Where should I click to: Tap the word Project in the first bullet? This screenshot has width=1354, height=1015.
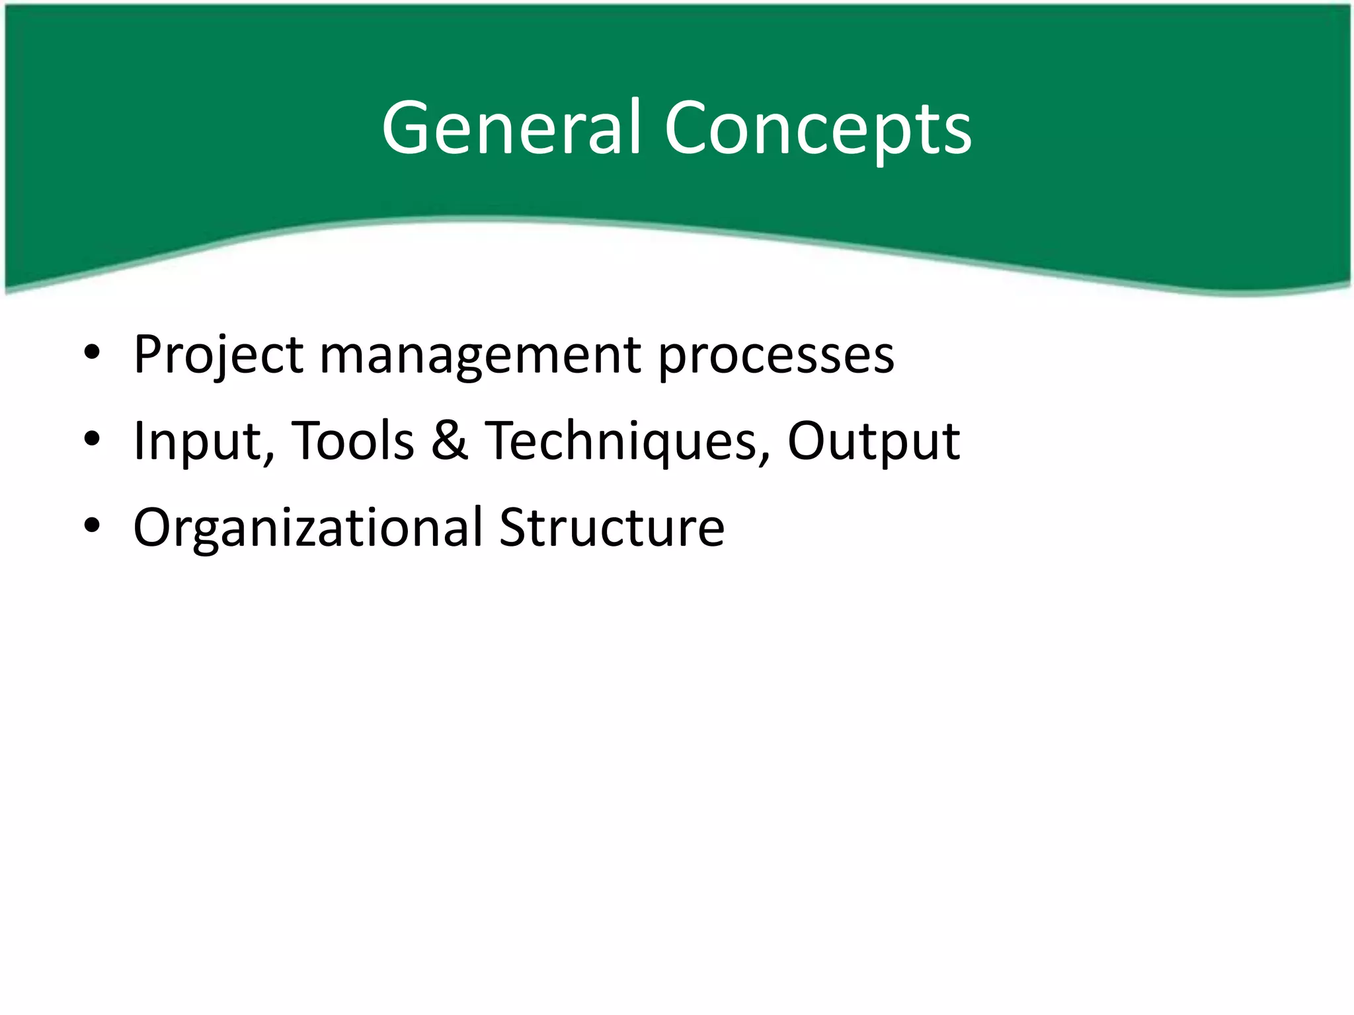[219, 356]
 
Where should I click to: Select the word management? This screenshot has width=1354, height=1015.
[481, 356]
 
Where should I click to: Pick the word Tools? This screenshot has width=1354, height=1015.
[353, 440]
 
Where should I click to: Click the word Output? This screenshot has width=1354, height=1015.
[873, 441]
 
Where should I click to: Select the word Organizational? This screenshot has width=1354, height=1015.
[308, 528]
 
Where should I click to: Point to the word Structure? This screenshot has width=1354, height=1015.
[612, 527]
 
